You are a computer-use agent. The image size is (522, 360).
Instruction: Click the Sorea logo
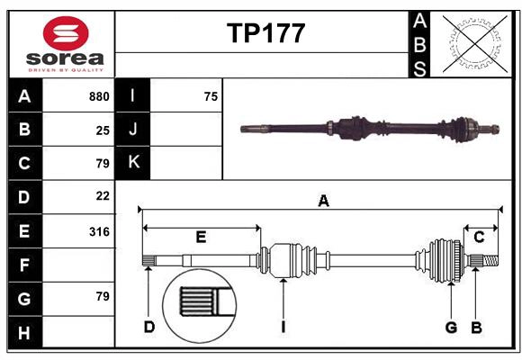coord(67,44)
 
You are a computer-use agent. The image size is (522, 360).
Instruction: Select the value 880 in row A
coord(99,96)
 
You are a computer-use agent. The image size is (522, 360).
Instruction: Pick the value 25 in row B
coord(103,130)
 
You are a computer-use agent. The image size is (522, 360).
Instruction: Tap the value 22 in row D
coord(103,195)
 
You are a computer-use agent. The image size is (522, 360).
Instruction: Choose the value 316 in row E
coord(99,231)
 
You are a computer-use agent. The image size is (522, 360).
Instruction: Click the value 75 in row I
coord(211,96)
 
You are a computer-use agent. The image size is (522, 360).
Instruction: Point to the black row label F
coord(24,265)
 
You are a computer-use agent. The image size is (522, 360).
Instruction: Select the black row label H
coord(24,332)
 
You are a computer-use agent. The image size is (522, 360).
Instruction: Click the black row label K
coord(133,163)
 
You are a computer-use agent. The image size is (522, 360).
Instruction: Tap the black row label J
coord(133,130)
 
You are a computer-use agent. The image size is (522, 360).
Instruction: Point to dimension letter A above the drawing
coord(323,202)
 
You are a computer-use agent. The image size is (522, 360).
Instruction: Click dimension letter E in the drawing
coord(201,238)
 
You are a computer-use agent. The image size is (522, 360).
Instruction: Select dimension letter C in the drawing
coord(479,238)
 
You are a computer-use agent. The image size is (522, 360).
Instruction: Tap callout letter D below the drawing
coord(149,327)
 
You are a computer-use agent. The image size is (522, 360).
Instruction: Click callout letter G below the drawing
coord(451,327)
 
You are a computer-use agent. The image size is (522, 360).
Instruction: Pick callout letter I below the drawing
coord(283,327)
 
